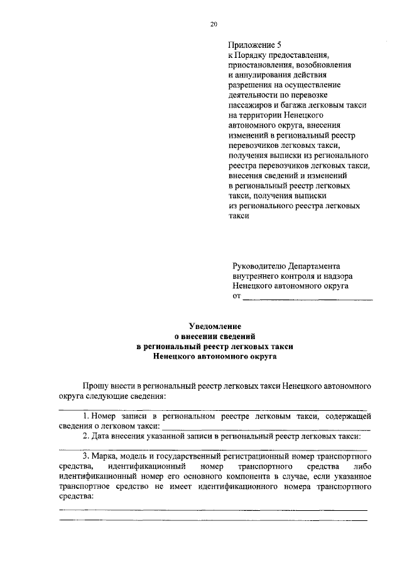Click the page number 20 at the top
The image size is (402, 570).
click(214, 25)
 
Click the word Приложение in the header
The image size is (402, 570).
click(250, 45)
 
